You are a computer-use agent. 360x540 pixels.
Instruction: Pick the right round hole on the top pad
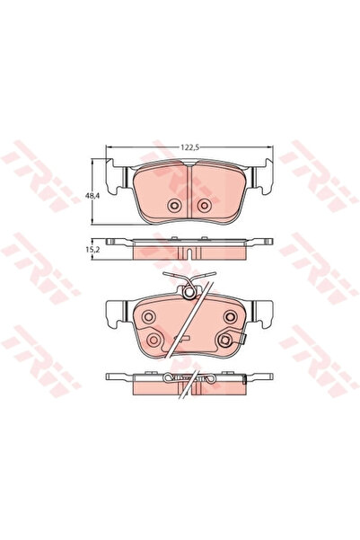coord(204,207)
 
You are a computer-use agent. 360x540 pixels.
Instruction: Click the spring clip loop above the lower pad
coord(188,289)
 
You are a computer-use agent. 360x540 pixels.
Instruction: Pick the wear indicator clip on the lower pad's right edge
coord(243,339)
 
